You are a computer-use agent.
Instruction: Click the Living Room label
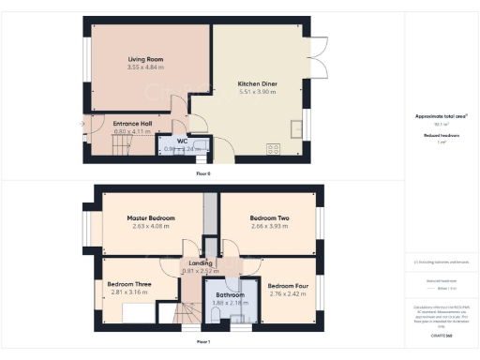click(x=145, y=59)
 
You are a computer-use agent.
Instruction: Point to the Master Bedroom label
click(x=151, y=217)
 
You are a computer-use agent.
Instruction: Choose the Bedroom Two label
click(x=271, y=217)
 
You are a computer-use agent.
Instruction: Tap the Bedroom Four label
click(x=286, y=285)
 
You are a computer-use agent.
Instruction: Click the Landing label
click(x=199, y=263)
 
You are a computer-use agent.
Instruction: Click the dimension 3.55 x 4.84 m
click(x=145, y=67)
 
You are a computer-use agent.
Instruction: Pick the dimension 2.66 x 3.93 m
click(x=271, y=226)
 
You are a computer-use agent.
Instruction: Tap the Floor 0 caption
click(x=203, y=173)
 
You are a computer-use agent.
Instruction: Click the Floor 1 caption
click(x=203, y=342)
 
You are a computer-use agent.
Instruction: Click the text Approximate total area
click(x=442, y=115)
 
